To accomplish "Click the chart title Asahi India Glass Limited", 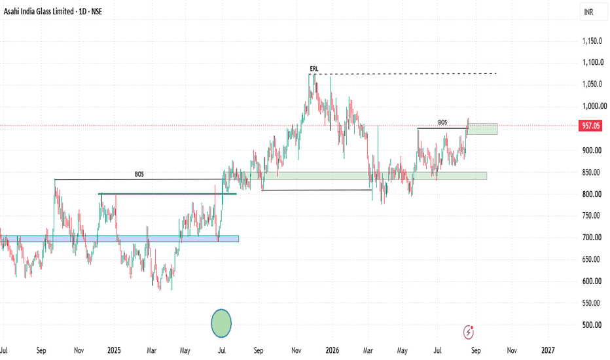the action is coord(39,12).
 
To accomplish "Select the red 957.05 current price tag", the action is coord(590,126).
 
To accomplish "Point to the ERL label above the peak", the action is coord(314,69).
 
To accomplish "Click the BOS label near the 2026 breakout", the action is coord(442,122).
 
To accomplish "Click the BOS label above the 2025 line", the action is coord(139,174).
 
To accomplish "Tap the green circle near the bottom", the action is coord(221,323).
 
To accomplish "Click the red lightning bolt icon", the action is coord(469,333).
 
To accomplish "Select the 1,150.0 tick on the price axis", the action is coord(592,41).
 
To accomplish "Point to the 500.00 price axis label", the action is coord(592,325).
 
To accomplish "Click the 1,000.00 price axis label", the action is coord(594,106).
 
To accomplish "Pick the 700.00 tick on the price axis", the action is coord(592,238).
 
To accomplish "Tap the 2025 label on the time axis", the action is coord(114,350).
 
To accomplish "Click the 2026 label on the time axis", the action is coord(332,350).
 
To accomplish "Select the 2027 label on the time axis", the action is coord(548,350).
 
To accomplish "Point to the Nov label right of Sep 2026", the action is coord(512,350).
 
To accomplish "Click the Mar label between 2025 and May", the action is coord(151,350).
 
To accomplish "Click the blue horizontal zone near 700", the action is coord(119,238).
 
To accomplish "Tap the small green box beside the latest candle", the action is coord(482,129).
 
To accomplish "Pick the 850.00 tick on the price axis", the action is coord(592,172).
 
